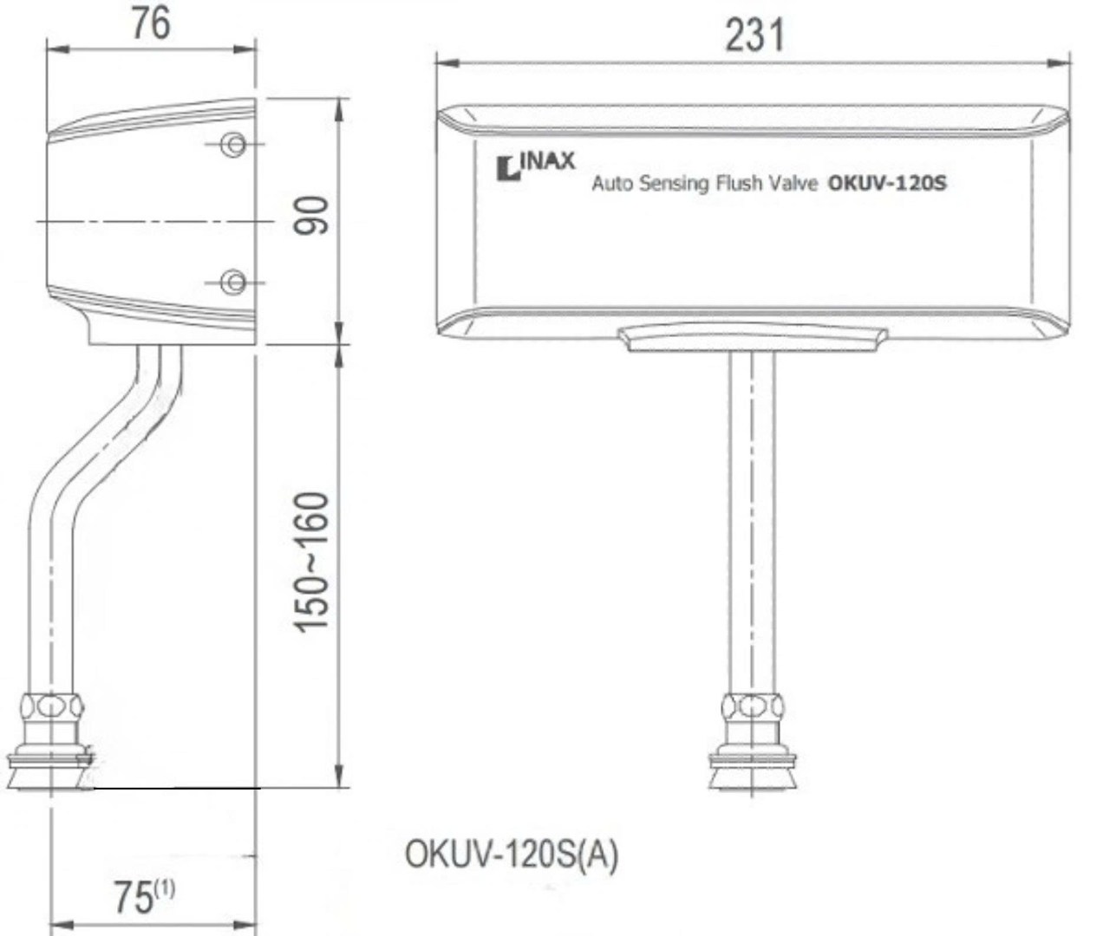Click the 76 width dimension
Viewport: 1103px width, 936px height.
coord(150,24)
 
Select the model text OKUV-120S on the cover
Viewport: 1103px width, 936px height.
coord(887,183)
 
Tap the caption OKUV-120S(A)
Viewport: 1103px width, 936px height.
coord(512,855)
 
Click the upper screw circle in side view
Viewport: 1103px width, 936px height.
coord(232,145)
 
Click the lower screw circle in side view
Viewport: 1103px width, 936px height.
coord(232,282)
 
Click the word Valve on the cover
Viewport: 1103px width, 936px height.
coord(791,183)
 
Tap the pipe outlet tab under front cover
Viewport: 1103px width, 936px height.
coord(753,339)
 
